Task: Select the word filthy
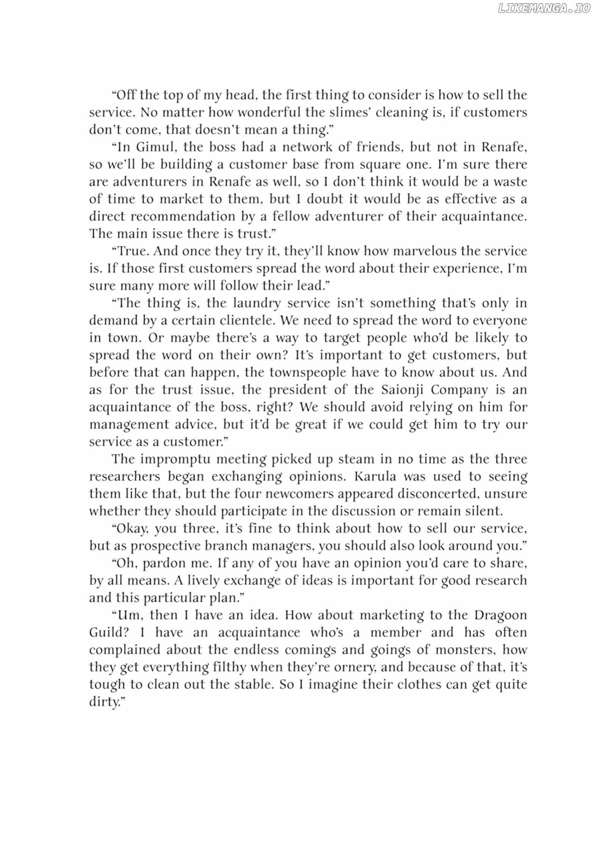230,667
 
